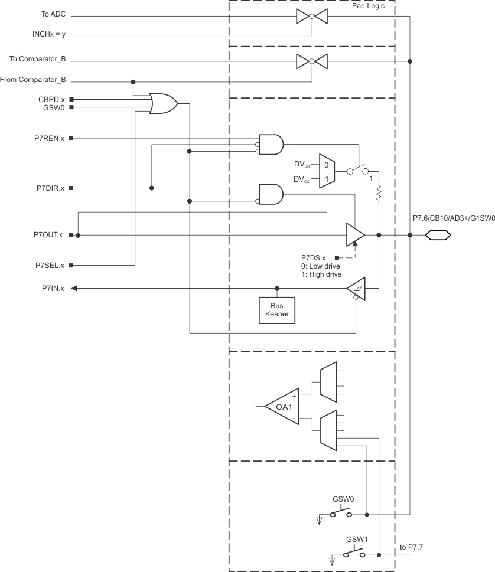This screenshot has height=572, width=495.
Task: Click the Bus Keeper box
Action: click(277, 310)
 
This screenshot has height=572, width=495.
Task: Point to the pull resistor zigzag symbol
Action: click(379, 193)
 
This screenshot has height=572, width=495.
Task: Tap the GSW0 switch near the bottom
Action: click(341, 512)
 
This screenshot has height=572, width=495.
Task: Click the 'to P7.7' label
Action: click(413, 547)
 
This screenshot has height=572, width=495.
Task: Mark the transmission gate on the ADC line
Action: click(311, 17)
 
